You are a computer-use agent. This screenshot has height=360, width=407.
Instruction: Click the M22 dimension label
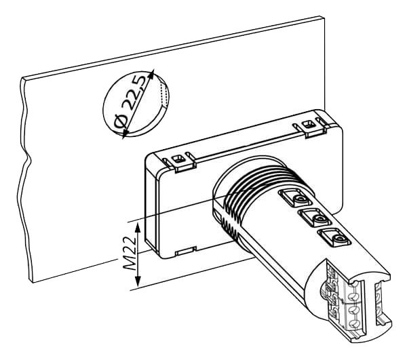(x=130, y=253)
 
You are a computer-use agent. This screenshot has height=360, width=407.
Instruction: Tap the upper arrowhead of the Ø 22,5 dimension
(x=151, y=73)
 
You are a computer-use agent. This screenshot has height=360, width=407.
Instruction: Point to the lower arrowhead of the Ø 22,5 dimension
(x=125, y=133)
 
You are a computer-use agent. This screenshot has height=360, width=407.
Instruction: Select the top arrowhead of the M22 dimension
(x=138, y=228)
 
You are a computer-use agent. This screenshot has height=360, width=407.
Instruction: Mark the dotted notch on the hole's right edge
(x=163, y=94)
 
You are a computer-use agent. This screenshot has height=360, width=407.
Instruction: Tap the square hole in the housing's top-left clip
(x=178, y=159)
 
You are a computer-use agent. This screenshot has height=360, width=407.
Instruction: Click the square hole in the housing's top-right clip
(x=308, y=124)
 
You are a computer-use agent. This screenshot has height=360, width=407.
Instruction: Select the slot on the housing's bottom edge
(x=185, y=251)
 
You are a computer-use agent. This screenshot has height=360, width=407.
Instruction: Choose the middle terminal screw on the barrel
(x=319, y=220)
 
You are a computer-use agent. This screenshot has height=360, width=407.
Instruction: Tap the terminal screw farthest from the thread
(x=338, y=239)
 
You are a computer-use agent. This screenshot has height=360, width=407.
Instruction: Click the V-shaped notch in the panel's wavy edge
(x=29, y=158)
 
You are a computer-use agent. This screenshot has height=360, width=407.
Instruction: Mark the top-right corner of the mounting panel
(x=324, y=18)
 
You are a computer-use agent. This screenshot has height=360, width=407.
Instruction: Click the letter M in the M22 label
(x=130, y=264)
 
